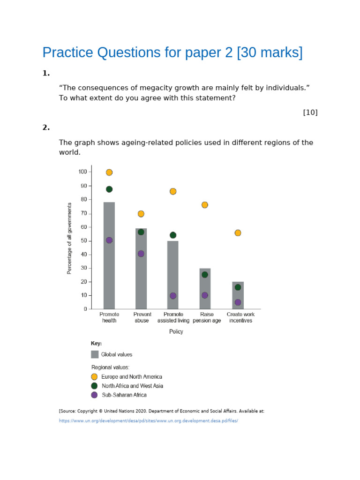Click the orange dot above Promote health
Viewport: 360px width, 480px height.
(x=109, y=172)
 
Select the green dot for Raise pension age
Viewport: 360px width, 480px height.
(x=205, y=275)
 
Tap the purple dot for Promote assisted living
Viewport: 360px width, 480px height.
(x=173, y=296)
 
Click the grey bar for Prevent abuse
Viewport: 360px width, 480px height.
(x=141, y=269)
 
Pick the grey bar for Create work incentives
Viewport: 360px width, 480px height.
(x=238, y=295)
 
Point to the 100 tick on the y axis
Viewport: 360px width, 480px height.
(x=90, y=172)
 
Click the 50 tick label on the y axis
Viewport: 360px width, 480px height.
(x=84, y=240)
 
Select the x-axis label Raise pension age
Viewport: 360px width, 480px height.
(x=207, y=317)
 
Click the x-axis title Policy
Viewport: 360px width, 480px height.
(x=176, y=331)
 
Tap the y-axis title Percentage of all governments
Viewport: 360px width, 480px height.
(x=69, y=239)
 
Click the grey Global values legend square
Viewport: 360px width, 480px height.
(x=95, y=354)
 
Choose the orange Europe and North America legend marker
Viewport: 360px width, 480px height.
(x=94, y=376)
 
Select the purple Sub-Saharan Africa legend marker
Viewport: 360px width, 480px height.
(x=94, y=395)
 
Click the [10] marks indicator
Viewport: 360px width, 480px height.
(x=310, y=112)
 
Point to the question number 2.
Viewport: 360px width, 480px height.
(x=46, y=127)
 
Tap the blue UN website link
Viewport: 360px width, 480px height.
(x=149, y=420)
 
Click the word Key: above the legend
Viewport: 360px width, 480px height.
(x=96, y=344)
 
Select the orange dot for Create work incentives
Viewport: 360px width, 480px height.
(x=238, y=233)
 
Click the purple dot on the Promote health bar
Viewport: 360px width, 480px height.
(x=109, y=240)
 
